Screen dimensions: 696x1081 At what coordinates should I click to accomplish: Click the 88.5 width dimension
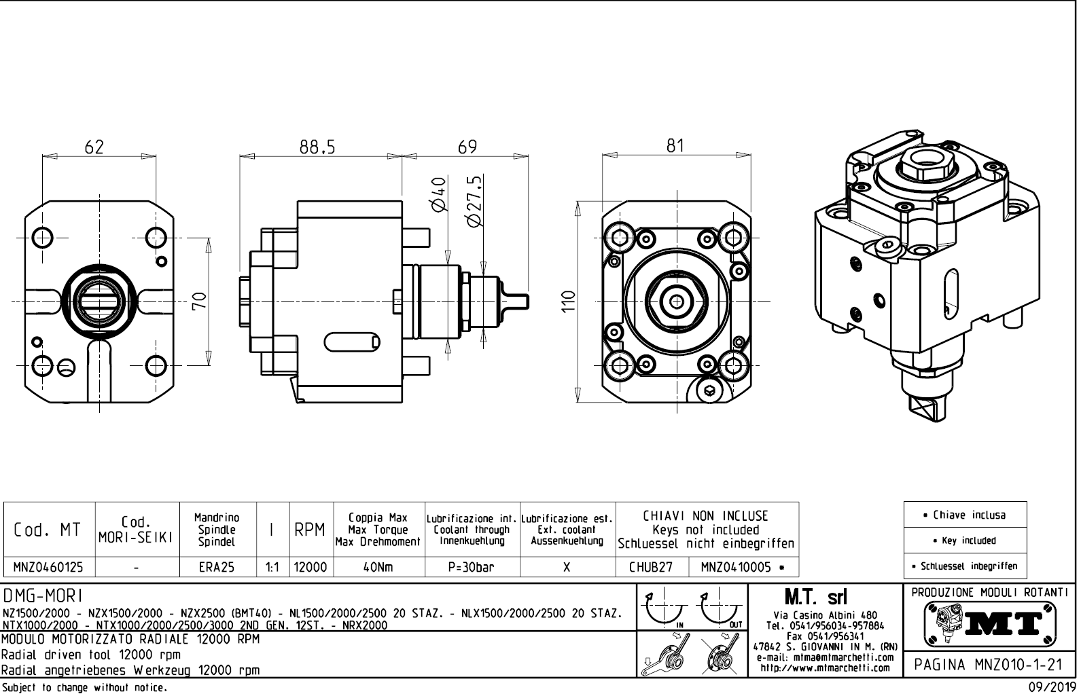pyautogui.click(x=317, y=147)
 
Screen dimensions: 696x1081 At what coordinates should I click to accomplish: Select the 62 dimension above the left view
pyautogui.click(x=94, y=147)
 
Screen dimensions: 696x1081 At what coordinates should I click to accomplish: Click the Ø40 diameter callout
pyautogui.click(x=439, y=194)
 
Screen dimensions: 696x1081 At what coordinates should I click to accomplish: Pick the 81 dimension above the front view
pyautogui.click(x=675, y=146)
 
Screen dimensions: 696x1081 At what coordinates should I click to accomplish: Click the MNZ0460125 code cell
pyautogui.click(x=49, y=567)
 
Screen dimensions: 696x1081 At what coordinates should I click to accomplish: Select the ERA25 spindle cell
pyautogui.click(x=217, y=567)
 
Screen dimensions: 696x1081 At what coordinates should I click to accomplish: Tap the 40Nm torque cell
pyautogui.click(x=378, y=567)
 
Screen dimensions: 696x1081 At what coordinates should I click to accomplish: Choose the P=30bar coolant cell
pyautogui.click(x=472, y=567)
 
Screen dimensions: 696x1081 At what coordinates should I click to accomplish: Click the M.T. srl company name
pyautogui.click(x=815, y=598)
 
